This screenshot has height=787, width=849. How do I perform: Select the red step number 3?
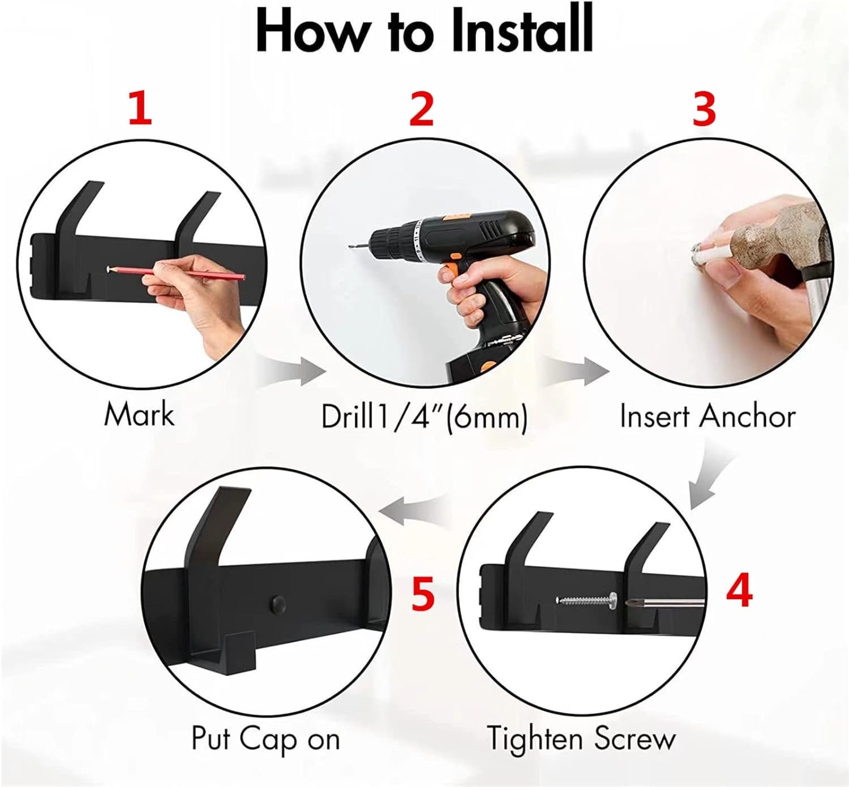pyautogui.click(x=704, y=110)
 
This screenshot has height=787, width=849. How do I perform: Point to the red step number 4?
pyautogui.click(x=739, y=592)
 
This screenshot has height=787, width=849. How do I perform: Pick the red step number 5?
pyautogui.click(x=423, y=594)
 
